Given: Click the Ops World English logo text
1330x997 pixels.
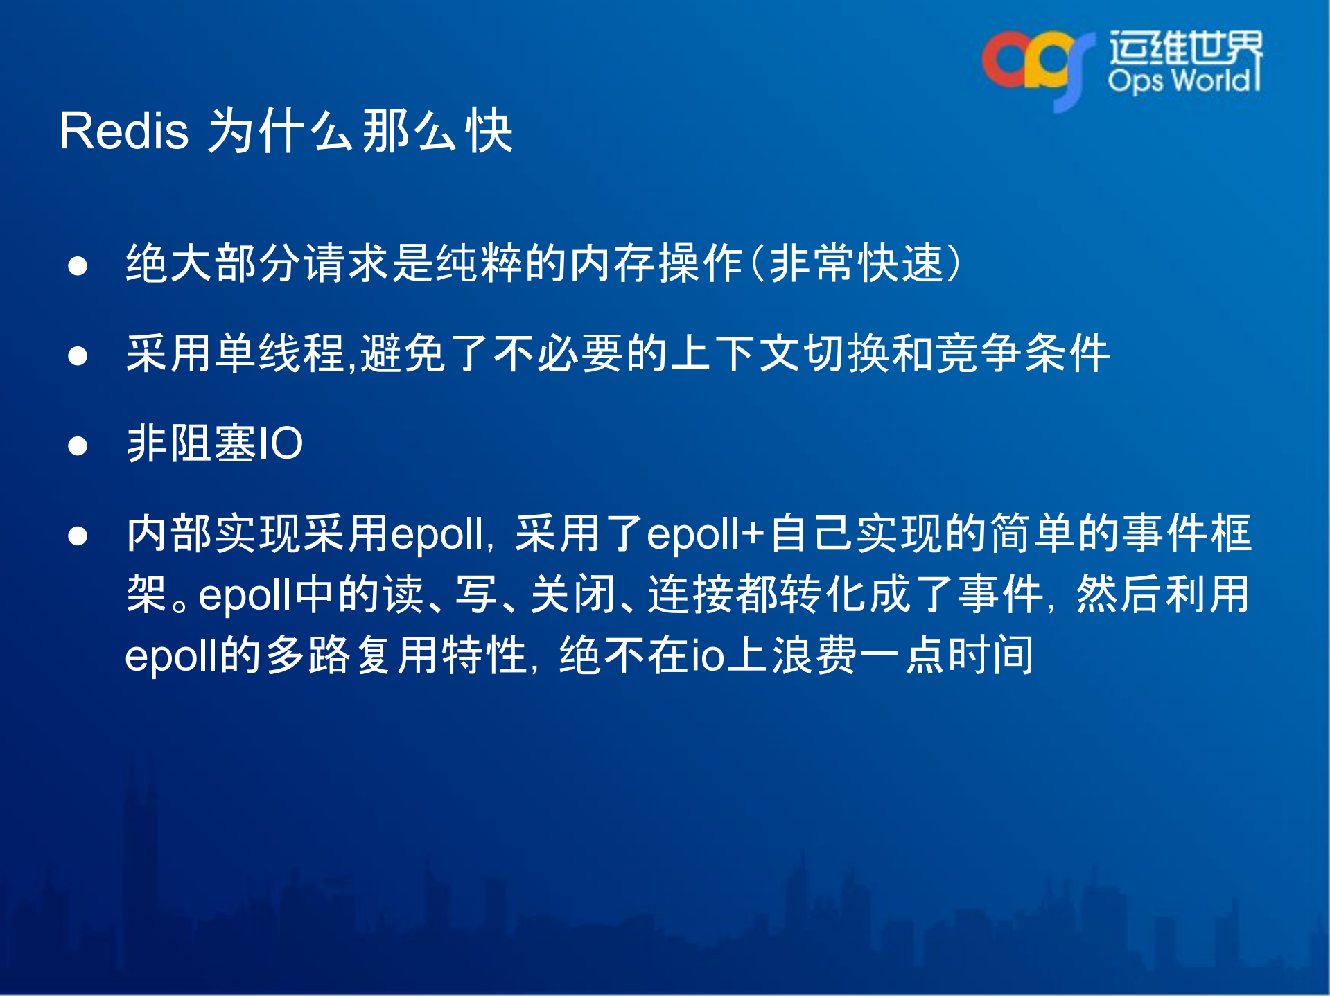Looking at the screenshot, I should tap(1182, 81).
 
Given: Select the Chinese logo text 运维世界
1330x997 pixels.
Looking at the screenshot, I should tap(1185, 47).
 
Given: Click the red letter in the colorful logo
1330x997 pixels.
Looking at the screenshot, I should tap(1004, 61).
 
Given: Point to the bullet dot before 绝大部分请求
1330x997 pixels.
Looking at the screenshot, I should tap(78, 265).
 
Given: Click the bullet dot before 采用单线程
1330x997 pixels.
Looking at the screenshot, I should tap(78, 355).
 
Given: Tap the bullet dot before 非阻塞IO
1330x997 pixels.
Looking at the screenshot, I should tap(78, 445).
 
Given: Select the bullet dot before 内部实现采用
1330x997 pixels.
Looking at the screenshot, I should tap(78, 536).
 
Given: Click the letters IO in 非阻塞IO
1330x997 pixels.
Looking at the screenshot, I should tap(280, 443).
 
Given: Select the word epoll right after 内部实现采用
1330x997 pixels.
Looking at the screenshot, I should tap(437, 535).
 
